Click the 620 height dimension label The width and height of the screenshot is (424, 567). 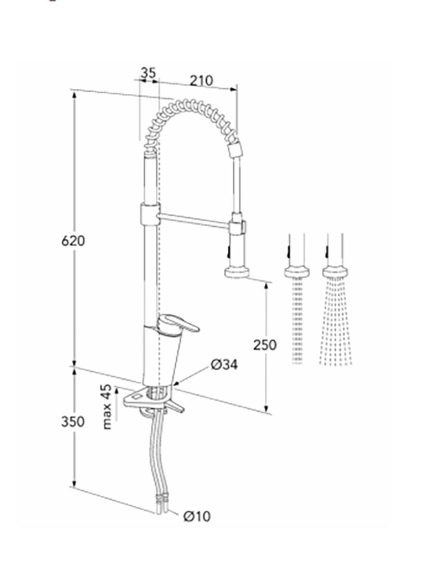click(73, 241)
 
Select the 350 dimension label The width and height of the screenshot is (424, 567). click(73, 421)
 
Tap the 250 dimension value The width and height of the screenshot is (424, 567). click(264, 345)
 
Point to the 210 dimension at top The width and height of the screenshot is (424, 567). click(202, 81)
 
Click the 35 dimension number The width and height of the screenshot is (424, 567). click(148, 73)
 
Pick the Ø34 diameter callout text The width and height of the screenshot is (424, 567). click(224, 364)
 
